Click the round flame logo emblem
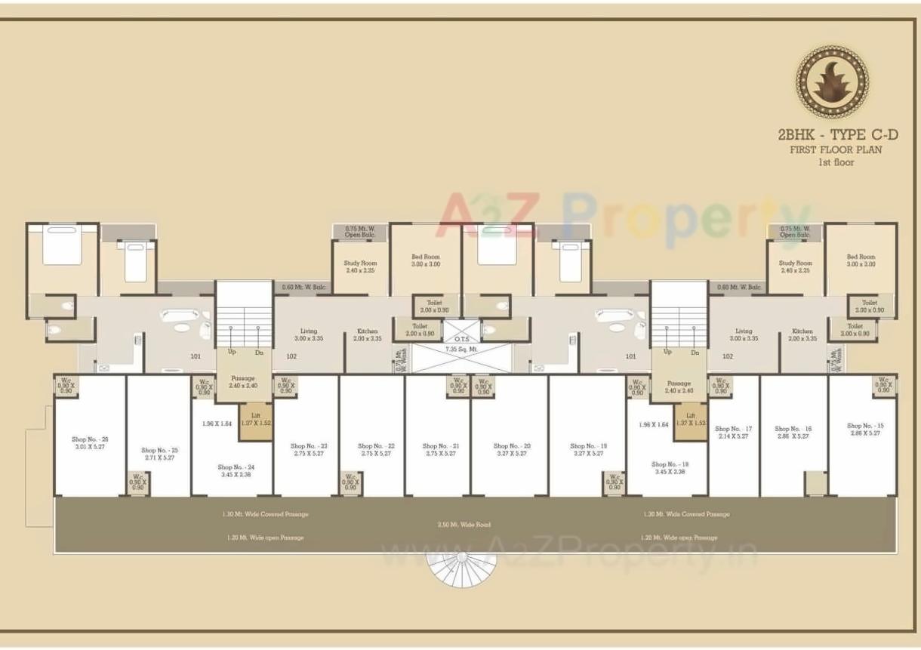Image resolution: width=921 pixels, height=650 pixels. click(832, 82)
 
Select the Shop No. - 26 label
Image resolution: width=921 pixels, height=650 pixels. click(90, 439)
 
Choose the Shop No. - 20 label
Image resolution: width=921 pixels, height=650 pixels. click(512, 446)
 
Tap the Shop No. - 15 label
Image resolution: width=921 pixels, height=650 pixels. click(865, 426)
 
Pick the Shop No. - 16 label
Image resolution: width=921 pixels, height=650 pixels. click(793, 429)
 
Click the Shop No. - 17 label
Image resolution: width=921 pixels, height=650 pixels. click(733, 429)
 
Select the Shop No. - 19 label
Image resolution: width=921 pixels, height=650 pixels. click(588, 446)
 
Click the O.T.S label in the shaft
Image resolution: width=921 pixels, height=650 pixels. click(462, 339)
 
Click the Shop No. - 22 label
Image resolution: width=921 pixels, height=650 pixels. click(375, 446)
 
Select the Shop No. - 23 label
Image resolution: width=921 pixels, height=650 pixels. click(309, 446)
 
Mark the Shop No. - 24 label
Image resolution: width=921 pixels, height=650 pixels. click(236, 467)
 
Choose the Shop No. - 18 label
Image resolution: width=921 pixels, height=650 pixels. click(670, 464)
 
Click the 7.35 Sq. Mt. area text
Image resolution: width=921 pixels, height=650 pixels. click(462, 350)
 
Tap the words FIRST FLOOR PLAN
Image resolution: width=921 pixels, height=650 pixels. click(836, 149)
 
